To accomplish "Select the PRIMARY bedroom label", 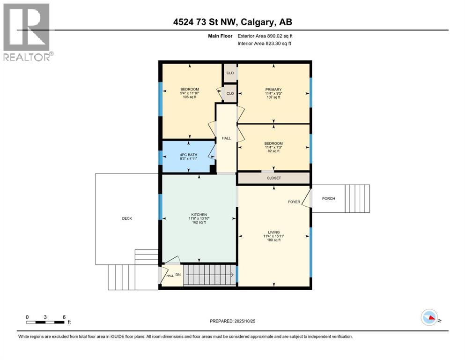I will point(273,89).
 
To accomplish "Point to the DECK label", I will point(127,218).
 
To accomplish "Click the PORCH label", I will point(328,198).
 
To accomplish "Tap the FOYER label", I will point(294,202).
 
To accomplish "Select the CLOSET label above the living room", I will point(273,179).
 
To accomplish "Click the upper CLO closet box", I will point(230,73).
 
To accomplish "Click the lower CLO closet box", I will point(230,93).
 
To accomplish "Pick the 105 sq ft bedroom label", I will point(190,89).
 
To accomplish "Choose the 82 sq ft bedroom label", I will point(273,143).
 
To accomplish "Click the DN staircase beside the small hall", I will point(208,274).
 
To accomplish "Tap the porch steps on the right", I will point(357,199).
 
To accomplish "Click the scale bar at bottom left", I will point(45,322).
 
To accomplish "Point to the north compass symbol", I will point(429,318).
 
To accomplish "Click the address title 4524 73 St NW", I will point(233,22).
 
